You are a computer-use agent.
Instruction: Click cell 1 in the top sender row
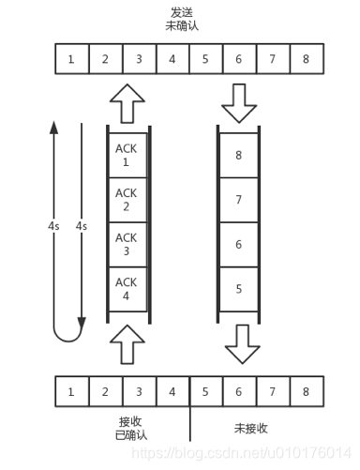tap(71, 60)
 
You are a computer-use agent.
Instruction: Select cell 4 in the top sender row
tap(172, 60)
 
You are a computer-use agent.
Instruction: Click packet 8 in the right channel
tap(238, 154)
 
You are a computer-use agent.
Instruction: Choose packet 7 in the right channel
tap(238, 199)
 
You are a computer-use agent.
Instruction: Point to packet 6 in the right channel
tap(238, 244)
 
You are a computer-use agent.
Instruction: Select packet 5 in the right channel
tap(238, 289)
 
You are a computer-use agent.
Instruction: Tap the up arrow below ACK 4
tap(128, 341)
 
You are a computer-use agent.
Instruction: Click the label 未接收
tap(252, 429)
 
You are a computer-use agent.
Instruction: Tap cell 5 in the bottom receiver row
tap(206, 390)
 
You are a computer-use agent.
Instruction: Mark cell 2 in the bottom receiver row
tap(105, 390)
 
